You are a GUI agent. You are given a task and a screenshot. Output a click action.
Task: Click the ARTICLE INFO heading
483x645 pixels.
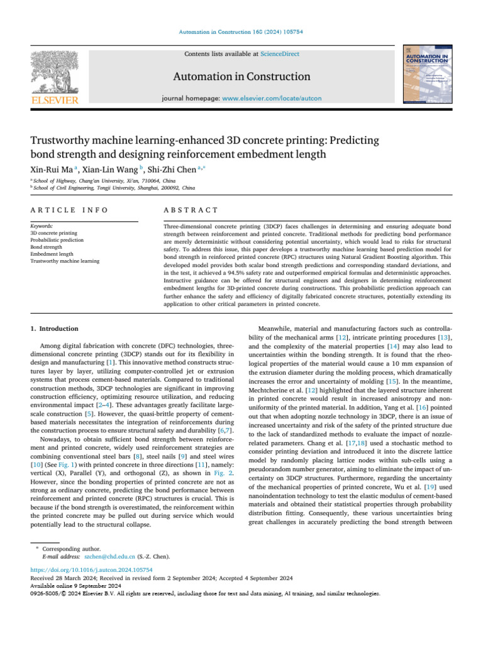(x=69, y=210)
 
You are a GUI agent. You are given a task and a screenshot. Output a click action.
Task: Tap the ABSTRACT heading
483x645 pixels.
(x=190, y=210)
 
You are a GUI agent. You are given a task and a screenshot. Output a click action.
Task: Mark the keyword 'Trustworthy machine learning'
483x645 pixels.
(x=65, y=261)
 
